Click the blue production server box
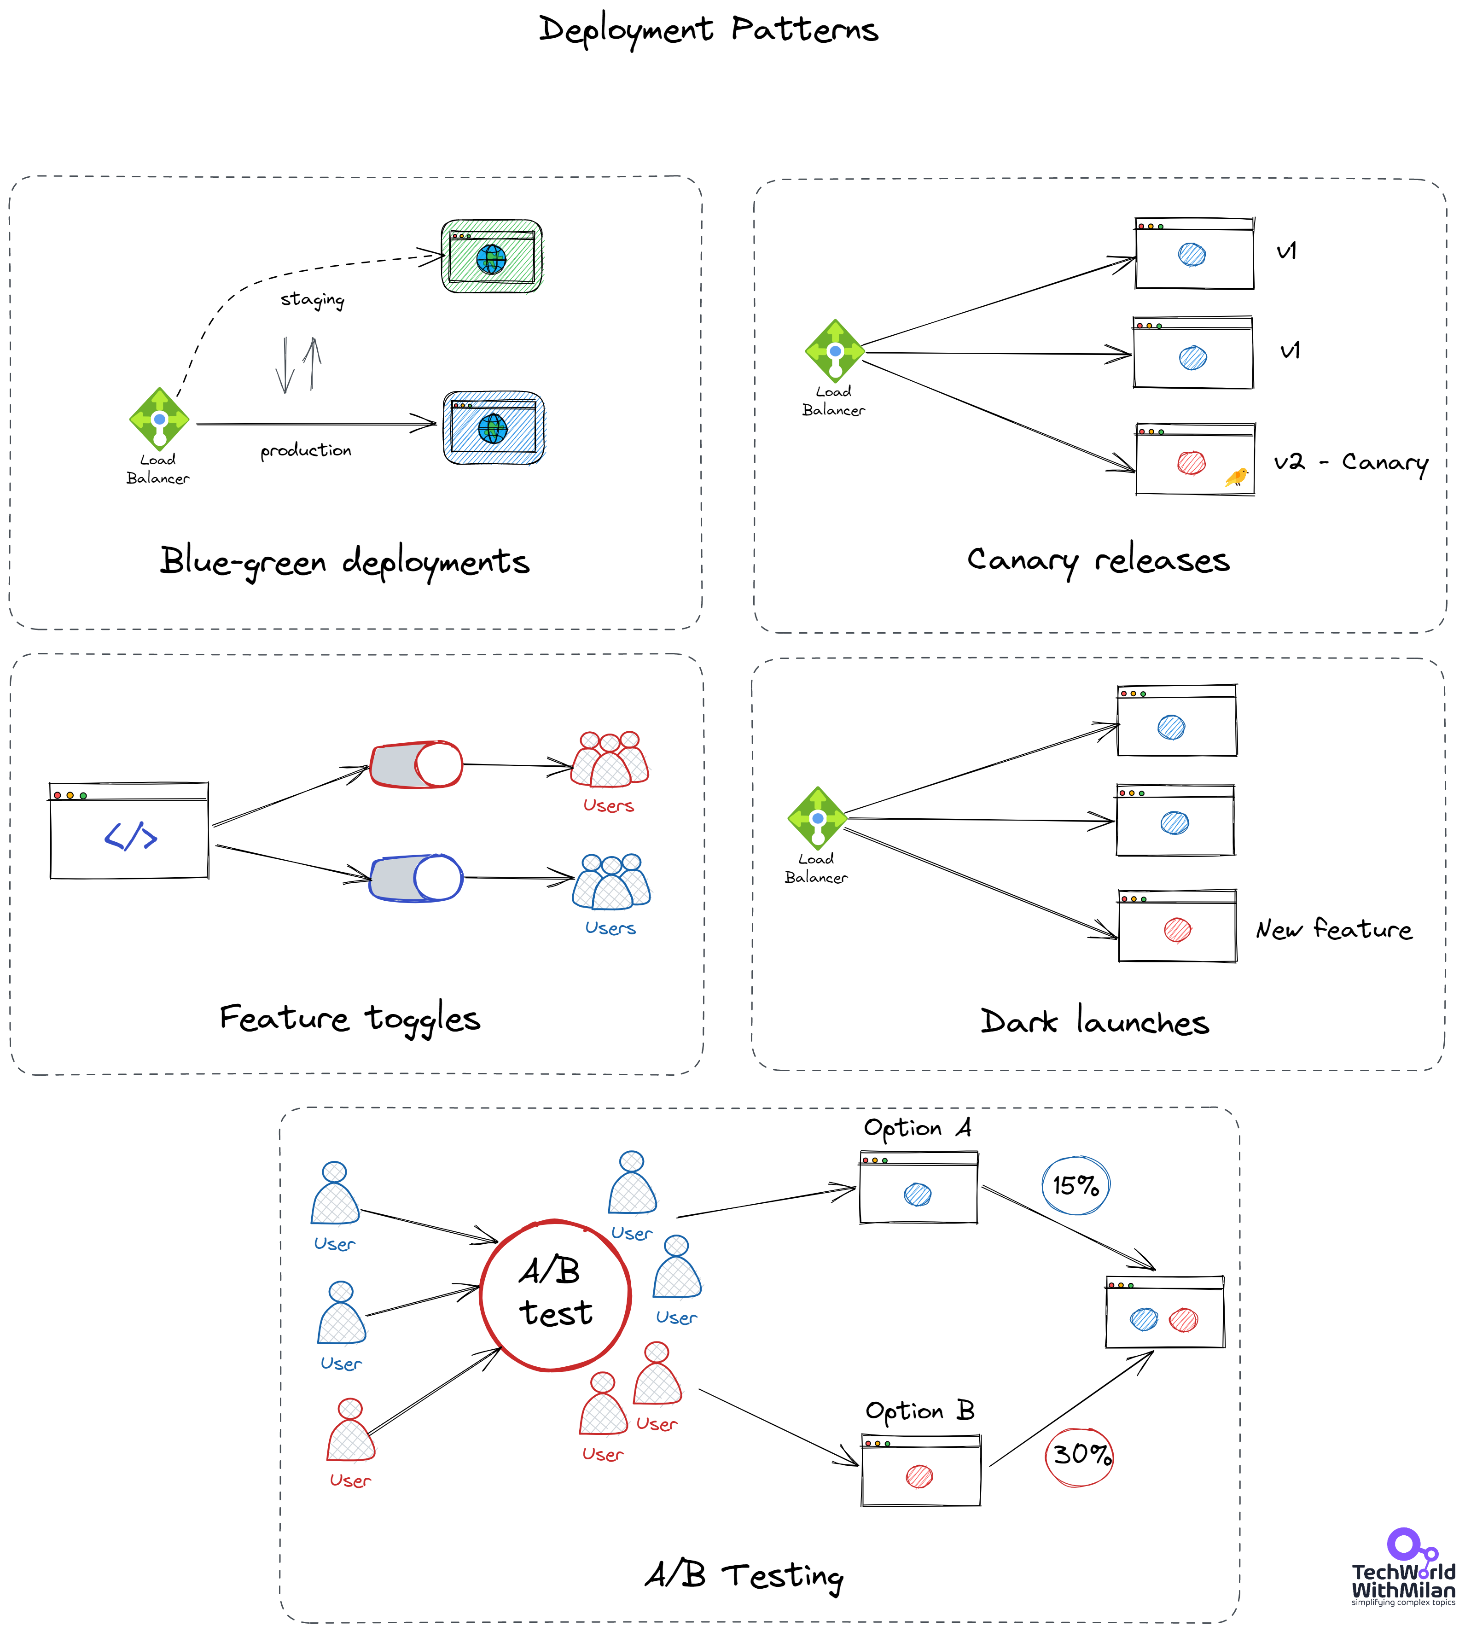coord(494,427)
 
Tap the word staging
coord(312,299)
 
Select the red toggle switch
coord(416,764)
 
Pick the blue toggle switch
coord(416,878)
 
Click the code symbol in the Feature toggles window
coord(130,837)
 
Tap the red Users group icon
coord(610,759)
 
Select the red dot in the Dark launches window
coord(1177,930)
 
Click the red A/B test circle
coord(555,1294)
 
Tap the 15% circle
coord(1075,1185)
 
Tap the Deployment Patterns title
coord(709,30)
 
